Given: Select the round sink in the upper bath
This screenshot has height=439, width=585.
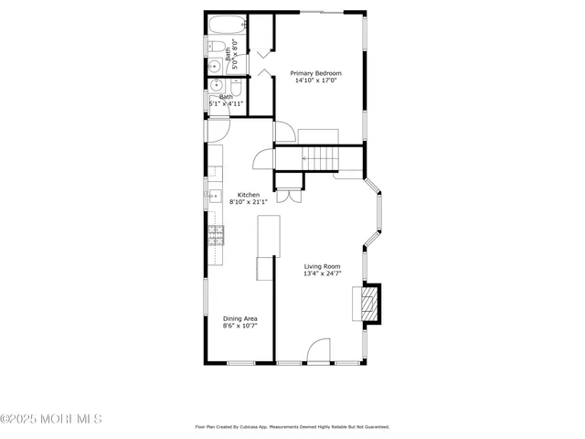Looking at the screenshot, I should [x=214, y=65].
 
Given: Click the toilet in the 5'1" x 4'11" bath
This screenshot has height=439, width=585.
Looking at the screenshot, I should [x=234, y=87].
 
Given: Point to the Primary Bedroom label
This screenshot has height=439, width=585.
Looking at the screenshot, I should [x=315, y=73].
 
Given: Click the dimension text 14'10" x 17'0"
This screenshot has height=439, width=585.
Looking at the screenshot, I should [x=315, y=80].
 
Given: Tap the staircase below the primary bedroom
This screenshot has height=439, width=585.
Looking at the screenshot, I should [x=319, y=158].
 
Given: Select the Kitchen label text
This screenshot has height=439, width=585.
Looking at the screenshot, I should [x=249, y=195].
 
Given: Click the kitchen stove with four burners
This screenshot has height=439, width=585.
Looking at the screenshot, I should [x=216, y=236].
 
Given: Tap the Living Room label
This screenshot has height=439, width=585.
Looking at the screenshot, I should [x=322, y=266].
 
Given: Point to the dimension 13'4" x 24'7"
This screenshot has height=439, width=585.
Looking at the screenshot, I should [x=322, y=273].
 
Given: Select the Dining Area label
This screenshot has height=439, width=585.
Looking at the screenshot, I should [x=239, y=318].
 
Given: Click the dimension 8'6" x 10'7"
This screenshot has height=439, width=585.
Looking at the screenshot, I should [x=239, y=326].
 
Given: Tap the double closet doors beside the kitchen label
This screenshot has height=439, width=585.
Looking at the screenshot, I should [x=287, y=196].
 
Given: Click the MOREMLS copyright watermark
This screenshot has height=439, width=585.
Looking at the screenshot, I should [x=51, y=419].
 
